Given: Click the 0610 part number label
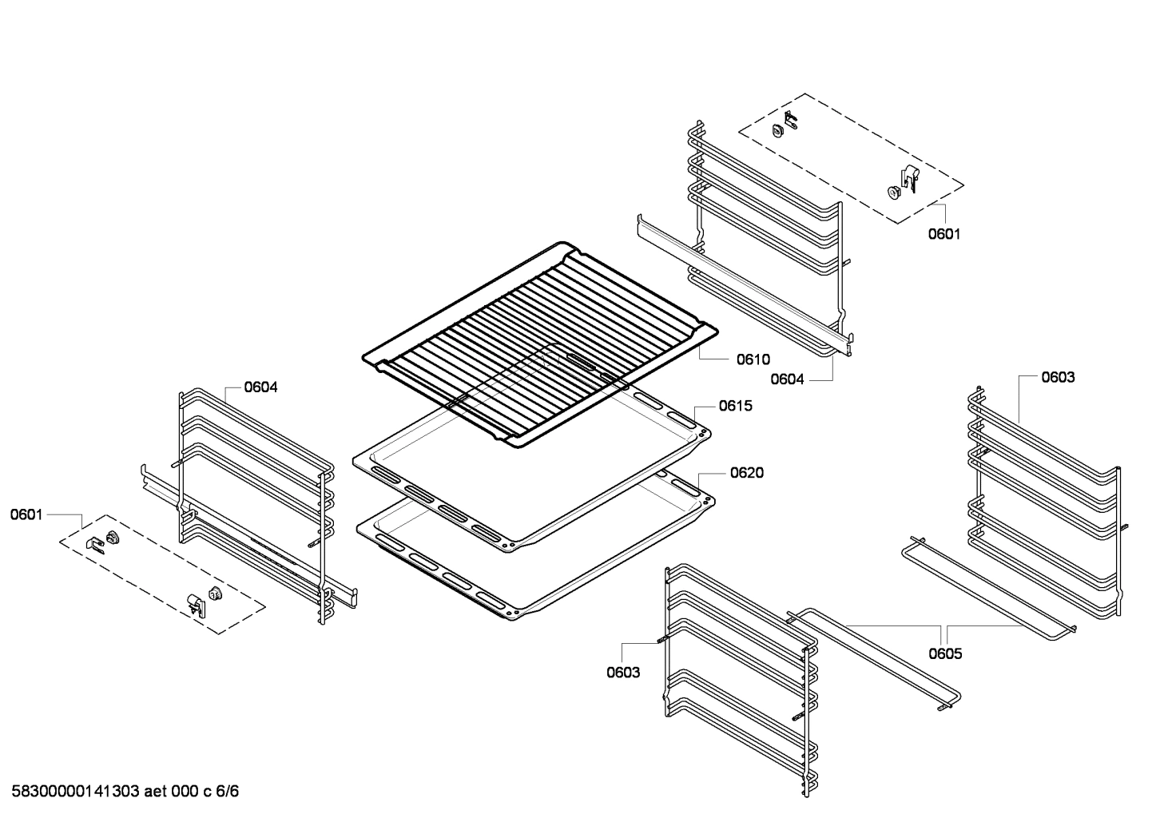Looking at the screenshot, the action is pyautogui.click(x=753, y=359).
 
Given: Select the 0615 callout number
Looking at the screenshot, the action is pyautogui.click(x=736, y=406).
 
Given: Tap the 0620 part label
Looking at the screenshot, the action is pyautogui.click(x=747, y=473).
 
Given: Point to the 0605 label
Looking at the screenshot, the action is pyautogui.click(x=945, y=654).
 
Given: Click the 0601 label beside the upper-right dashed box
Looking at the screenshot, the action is pyautogui.click(x=944, y=234).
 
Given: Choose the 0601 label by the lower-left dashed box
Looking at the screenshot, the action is pyautogui.click(x=26, y=514).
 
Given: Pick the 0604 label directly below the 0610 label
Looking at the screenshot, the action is pyautogui.click(x=787, y=379).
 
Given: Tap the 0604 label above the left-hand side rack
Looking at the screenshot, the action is pyautogui.click(x=260, y=387).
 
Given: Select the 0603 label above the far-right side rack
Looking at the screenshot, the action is pyautogui.click(x=1058, y=377).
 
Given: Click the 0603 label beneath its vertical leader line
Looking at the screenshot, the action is pyautogui.click(x=623, y=673).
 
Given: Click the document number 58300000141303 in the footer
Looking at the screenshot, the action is pyautogui.click(x=75, y=792).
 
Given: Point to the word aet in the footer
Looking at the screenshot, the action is pyautogui.click(x=156, y=792).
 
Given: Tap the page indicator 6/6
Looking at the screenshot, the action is pyautogui.click(x=227, y=792).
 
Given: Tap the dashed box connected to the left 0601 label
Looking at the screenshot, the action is pyautogui.click(x=162, y=574).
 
